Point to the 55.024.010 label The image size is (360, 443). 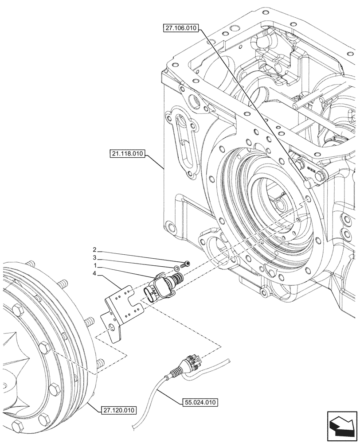tap(201, 403)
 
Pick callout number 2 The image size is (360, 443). tap(94, 249)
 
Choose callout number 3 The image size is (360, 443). tap(94, 258)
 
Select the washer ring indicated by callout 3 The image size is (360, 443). tap(177, 268)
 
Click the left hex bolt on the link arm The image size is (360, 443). tap(300, 165)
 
